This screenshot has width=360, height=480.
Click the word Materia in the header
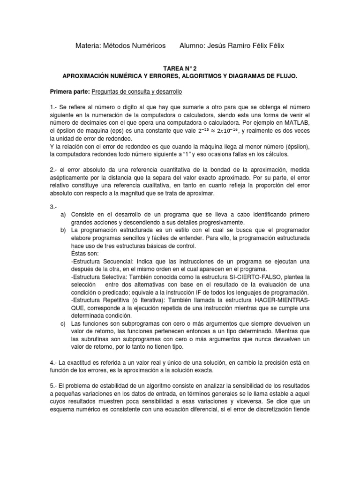click(x=88, y=45)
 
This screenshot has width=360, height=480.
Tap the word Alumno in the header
click(x=195, y=45)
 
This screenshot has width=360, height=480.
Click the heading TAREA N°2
click(x=180, y=68)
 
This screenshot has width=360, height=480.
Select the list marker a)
click(x=63, y=202)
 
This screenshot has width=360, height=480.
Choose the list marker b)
click(x=63, y=217)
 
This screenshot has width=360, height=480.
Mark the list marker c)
click(x=63, y=323)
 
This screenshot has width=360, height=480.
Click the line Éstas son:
click(x=85, y=253)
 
